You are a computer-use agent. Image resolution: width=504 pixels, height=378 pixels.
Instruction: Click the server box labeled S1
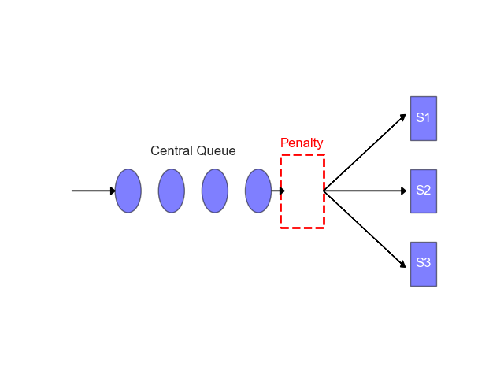click(423, 118)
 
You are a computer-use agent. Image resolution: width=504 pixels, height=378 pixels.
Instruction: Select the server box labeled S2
click(423, 191)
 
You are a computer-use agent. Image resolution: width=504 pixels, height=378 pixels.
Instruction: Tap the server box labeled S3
click(423, 264)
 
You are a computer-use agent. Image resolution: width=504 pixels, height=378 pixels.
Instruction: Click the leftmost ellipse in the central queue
click(128, 191)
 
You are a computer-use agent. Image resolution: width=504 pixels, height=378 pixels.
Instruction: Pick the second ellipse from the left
click(171, 191)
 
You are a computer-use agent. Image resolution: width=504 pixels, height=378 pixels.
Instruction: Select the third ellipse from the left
click(214, 191)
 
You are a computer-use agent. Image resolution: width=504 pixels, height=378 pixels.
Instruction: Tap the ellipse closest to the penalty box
click(258, 191)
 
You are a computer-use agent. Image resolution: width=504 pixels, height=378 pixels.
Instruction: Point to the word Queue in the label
click(216, 150)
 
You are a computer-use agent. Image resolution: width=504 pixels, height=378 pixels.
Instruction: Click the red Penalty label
click(302, 143)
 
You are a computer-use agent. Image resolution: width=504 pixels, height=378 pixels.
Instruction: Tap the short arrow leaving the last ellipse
click(277, 191)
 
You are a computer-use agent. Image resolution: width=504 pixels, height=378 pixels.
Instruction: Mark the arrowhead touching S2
click(404, 191)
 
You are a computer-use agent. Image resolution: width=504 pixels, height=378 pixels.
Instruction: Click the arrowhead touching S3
click(404, 262)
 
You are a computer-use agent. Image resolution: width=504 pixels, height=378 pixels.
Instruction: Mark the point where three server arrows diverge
click(324, 191)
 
